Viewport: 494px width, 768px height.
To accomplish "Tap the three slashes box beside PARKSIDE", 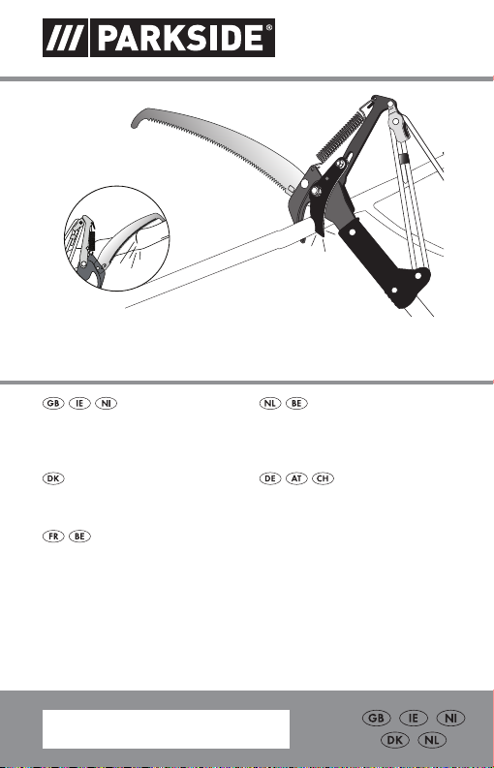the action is tap(65, 38).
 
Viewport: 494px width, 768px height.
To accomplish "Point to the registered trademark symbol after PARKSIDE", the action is tap(269, 28).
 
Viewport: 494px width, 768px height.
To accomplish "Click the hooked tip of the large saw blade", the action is tap(135, 121).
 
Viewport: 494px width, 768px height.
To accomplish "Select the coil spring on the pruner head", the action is tap(338, 136).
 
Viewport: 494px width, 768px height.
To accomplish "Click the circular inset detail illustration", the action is tap(116, 238).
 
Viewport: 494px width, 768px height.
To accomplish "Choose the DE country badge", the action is tap(270, 478).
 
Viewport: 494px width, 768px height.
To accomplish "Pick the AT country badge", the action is tap(296, 478).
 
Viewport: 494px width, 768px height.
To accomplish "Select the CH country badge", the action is tap(323, 478).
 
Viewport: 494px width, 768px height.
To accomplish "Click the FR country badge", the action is tap(53, 537).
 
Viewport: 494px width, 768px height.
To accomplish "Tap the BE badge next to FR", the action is tap(79, 537).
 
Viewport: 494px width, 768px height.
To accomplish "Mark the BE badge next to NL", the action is tap(296, 404).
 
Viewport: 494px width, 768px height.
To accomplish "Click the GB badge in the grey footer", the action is tap(377, 719).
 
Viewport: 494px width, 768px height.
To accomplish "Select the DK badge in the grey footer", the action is tap(395, 740).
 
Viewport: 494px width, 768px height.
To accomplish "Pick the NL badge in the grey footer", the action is tap(432, 740).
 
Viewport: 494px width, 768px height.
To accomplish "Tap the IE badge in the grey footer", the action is tap(415, 719).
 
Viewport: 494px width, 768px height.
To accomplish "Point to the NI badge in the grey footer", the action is tap(451, 719).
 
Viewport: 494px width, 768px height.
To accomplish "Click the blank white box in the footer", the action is tap(167, 729).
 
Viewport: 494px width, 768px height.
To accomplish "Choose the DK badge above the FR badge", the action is tap(53, 478).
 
